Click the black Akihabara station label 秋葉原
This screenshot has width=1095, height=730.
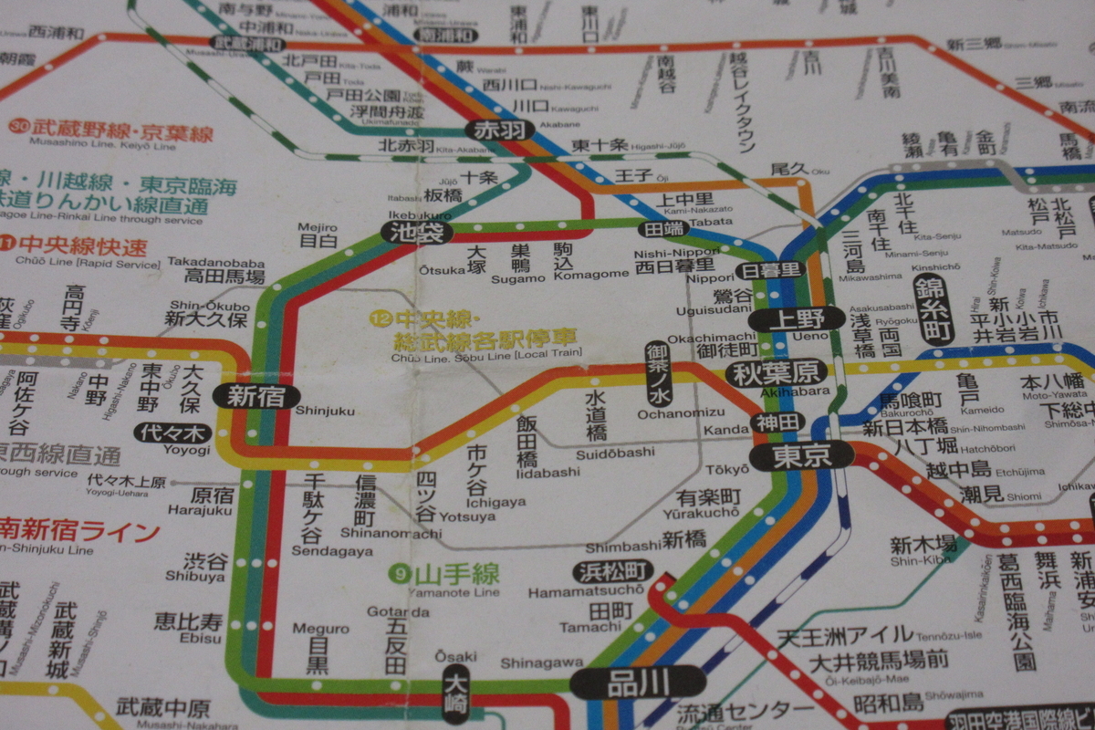pyautogui.click(x=776, y=372)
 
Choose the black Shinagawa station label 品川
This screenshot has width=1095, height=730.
pyautogui.click(x=638, y=683)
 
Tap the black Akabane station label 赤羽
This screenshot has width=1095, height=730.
pyautogui.click(x=498, y=130)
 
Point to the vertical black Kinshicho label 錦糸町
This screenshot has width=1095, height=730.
pyautogui.click(x=933, y=309)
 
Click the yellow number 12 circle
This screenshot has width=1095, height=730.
pyautogui.click(x=380, y=318)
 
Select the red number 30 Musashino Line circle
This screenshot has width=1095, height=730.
pyautogui.click(x=17, y=126)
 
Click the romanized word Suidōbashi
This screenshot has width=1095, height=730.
pyautogui.click(x=615, y=453)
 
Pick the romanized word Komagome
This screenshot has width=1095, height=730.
pyautogui.click(x=591, y=274)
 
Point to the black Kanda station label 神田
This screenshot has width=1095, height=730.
pyautogui.click(x=777, y=422)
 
